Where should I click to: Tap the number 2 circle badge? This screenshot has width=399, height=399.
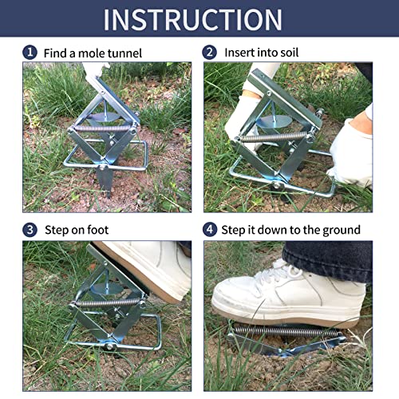(x=211, y=52)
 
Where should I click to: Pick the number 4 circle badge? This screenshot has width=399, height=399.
(x=211, y=230)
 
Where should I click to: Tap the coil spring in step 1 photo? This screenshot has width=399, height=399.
(x=104, y=128)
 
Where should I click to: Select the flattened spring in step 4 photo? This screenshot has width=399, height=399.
(x=287, y=330)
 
